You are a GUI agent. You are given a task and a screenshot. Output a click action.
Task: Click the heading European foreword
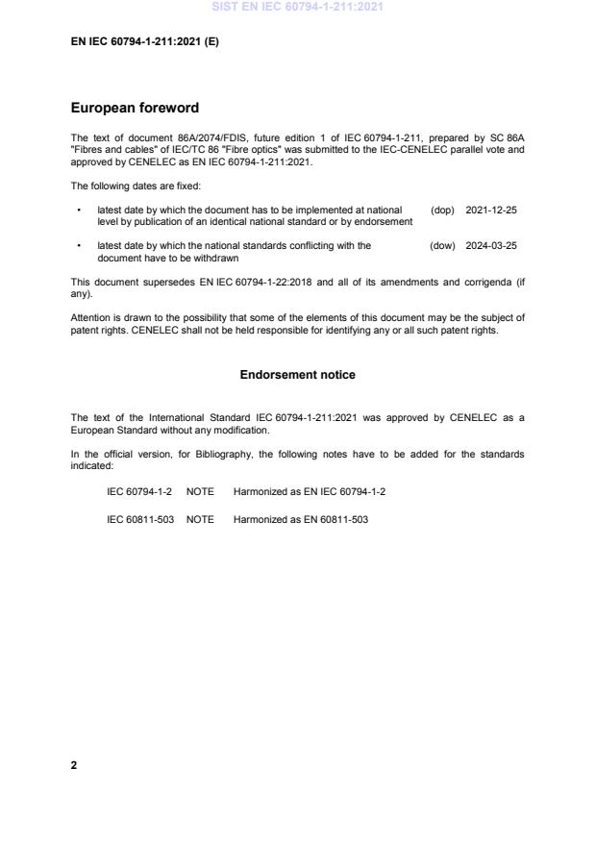click(x=135, y=109)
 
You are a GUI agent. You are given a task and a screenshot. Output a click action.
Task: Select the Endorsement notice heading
click(x=297, y=375)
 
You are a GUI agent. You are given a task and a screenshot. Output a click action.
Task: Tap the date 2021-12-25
click(x=491, y=210)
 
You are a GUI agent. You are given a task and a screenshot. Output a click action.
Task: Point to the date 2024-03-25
click(x=491, y=246)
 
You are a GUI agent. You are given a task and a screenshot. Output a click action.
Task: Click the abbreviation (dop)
click(x=442, y=210)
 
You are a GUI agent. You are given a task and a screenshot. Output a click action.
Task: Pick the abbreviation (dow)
click(x=442, y=246)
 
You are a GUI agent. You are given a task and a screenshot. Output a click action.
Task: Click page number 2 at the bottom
click(x=74, y=765)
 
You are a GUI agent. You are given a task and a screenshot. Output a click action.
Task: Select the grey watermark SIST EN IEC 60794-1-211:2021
click(x=297, y=8)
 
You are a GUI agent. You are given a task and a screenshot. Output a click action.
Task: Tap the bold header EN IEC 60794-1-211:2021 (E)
click(x=145, y=42)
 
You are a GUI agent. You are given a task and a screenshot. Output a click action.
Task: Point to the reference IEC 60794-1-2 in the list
click(x=139, y=491)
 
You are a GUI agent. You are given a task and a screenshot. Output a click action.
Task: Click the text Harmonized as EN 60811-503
click(x=300, y=519)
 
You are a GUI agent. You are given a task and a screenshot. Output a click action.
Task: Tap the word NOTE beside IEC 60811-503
click(x=200, y=519)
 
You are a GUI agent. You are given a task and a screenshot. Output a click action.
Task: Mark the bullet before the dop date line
click(x=78, y=210)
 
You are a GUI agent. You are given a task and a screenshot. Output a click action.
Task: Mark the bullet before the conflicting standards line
click(x=78, y=246)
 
